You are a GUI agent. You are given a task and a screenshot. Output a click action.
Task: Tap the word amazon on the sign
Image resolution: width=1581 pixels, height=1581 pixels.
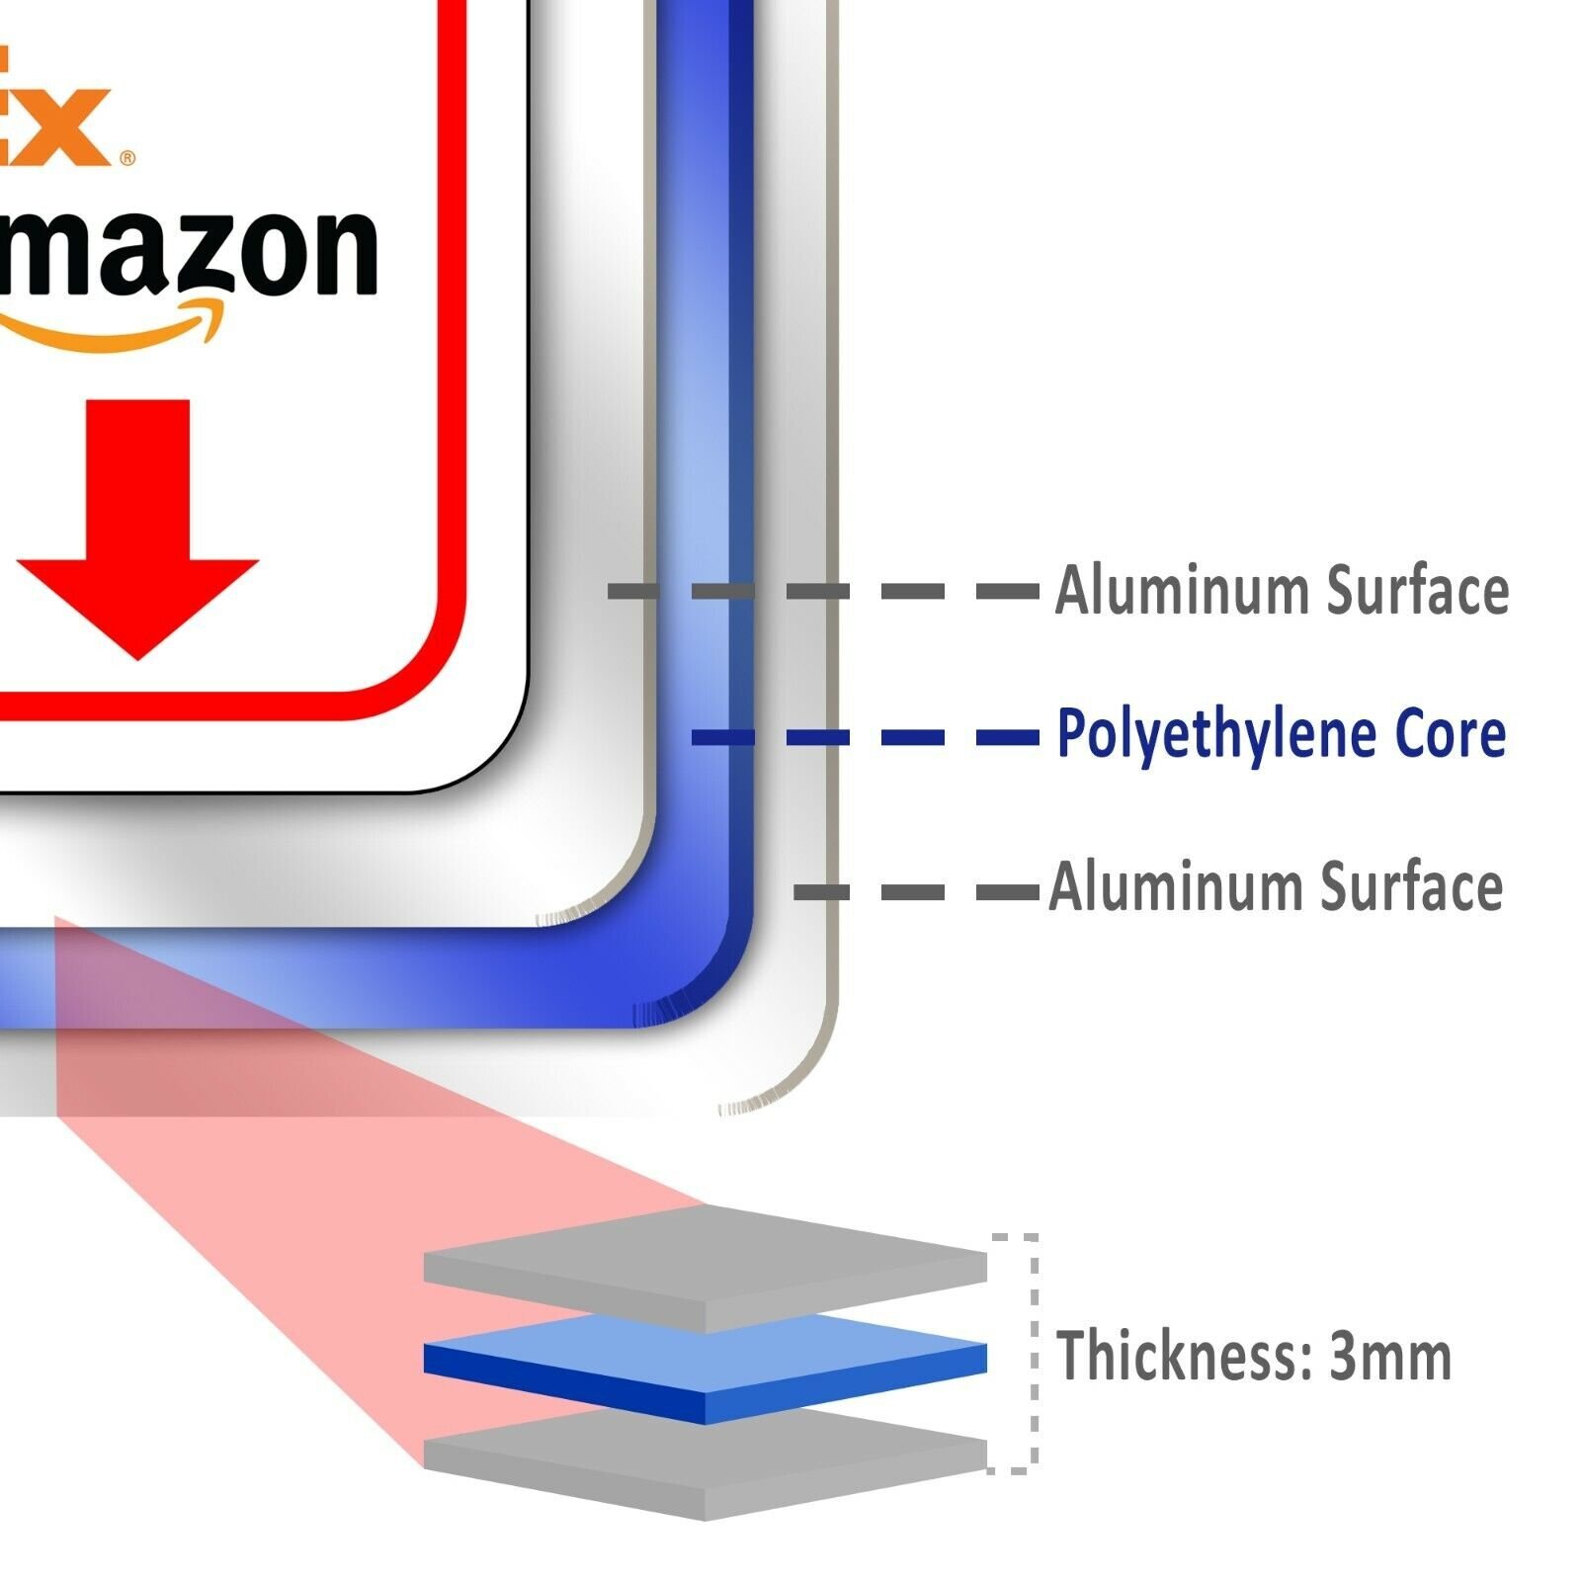(188, 252)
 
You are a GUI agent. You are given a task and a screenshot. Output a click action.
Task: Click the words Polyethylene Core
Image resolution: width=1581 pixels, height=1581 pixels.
(1281, 734)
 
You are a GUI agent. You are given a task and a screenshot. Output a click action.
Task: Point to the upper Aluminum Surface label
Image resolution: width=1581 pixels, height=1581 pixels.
(1282, 590)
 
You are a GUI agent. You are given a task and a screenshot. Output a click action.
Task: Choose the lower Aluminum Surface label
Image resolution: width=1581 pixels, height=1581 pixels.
(1276, 886)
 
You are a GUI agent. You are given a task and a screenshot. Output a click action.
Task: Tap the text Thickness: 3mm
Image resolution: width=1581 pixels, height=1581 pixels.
(1254, 1356)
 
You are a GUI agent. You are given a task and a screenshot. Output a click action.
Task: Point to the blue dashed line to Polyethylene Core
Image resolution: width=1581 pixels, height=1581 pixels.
(865, 737)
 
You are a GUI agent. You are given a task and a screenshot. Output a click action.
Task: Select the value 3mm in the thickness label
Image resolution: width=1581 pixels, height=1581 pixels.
(1390, 1356)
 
